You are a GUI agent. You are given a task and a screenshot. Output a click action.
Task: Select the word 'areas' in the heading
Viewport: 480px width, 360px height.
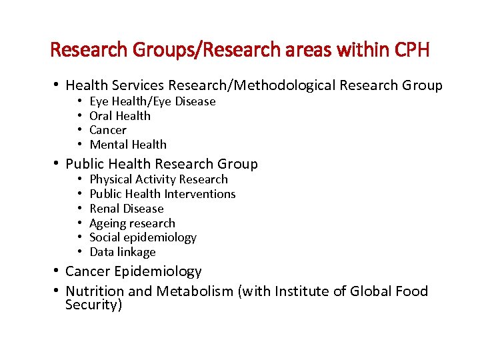313,50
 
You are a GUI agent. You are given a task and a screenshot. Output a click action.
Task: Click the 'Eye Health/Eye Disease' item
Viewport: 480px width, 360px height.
152,101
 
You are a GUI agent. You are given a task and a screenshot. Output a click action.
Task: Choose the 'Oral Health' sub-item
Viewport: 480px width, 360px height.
120,116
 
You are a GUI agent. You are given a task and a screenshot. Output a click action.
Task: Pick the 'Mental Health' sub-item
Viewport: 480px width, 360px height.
128,145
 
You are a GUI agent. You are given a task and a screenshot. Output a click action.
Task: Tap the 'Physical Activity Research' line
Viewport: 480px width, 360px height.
159,179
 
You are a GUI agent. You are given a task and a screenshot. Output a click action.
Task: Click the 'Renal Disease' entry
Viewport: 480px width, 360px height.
126,209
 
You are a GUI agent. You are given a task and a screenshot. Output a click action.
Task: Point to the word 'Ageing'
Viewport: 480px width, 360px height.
107,223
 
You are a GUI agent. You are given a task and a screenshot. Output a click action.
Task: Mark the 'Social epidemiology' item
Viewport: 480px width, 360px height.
143,237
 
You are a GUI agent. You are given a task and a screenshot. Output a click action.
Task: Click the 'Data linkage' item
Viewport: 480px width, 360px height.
122,252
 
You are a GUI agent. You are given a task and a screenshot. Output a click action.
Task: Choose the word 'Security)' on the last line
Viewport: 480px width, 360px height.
94,306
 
